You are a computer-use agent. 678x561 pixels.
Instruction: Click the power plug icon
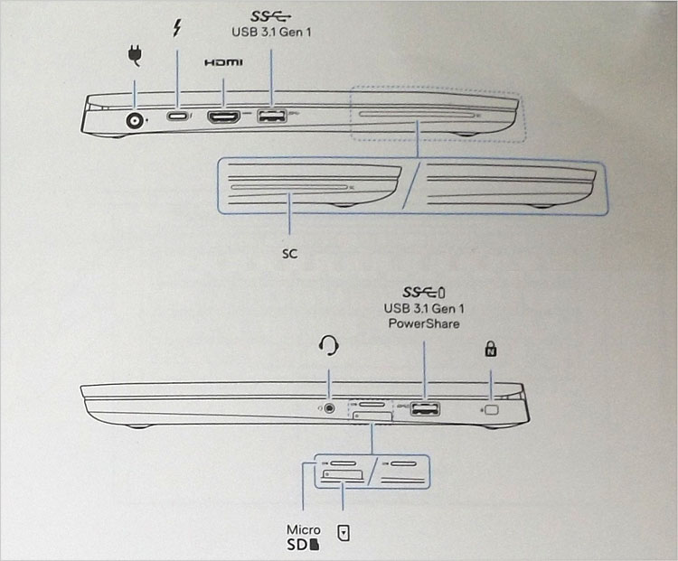coord(135,56)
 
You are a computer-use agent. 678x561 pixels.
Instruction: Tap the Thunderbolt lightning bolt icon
coord(176,28)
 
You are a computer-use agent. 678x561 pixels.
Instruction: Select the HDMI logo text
coord(223,62)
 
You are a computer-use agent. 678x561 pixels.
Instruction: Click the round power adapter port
coord(135,120)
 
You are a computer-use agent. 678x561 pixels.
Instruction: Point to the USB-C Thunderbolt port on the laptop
coord(177,117)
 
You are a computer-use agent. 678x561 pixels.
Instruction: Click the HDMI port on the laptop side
coord(224,117)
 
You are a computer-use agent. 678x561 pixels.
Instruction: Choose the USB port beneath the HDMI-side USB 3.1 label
coord(272,116)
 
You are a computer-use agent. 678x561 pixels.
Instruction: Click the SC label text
coord(289,253)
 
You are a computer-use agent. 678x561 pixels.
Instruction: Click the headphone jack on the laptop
coord(330,407)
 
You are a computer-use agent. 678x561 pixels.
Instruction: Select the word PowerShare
coord(424,323)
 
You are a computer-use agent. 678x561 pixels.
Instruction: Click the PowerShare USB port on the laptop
coord(425,408)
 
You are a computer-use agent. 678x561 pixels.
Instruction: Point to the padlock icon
coord(490,349)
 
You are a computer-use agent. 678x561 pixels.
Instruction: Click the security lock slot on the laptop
coord(492,409)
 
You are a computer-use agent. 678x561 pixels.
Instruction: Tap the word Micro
coord(304,529)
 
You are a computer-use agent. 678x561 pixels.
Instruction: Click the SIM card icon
coord(344,533)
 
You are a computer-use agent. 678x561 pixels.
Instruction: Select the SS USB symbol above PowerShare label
coord(423,293)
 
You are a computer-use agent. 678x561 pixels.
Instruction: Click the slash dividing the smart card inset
coord(411,186)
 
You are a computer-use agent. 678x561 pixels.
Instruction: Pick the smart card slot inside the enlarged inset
coord(289,187)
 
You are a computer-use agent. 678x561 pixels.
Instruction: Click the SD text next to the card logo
coord(297,545)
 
